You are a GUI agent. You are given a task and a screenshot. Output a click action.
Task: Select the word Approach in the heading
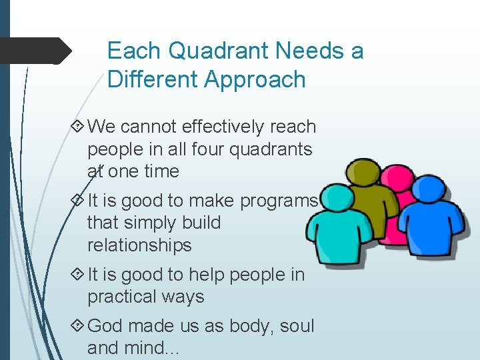coord(255,80)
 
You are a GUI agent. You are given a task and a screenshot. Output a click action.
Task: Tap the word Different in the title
coord(153,80)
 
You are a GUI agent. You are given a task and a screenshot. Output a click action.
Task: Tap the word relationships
coord(139,245)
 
